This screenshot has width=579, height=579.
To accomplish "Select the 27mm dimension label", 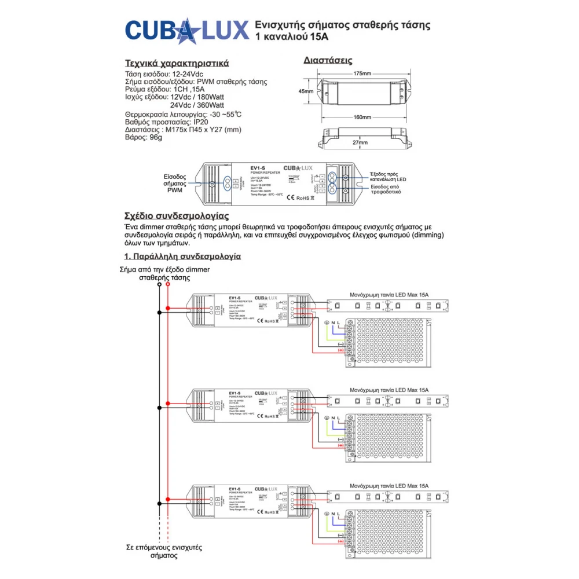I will click(x=360, y=142).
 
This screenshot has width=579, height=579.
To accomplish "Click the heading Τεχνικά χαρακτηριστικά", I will click(x=177, y=63).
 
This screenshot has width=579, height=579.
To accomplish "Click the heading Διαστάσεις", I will click(x=328, y=60).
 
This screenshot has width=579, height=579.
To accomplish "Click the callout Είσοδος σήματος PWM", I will click(x=174, y=183).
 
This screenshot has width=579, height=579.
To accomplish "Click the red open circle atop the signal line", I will click(x=168, y=285).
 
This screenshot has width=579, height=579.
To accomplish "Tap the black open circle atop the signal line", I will click(x=159, y=285).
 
